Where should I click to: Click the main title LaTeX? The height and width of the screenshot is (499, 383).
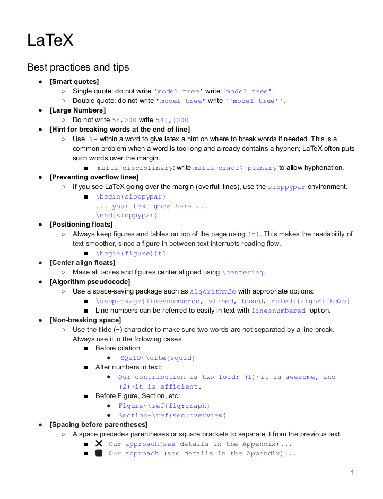50,40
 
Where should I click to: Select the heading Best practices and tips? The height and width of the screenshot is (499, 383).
78,67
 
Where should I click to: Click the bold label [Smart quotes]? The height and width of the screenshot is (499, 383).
74,82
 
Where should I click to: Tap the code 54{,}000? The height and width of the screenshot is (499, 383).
172,120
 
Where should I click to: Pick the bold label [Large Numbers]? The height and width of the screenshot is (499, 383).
77,110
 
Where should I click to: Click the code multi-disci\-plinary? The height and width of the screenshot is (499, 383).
235,168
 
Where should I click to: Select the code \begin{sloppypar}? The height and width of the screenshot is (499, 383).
130,196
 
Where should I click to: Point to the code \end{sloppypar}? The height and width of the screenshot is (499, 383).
127,216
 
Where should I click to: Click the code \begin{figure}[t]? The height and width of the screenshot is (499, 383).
130,253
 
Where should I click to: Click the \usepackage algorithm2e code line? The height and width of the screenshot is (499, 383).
223,301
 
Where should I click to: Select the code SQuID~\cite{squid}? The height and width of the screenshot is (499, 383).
158,358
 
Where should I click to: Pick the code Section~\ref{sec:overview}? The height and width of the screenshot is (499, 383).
172,415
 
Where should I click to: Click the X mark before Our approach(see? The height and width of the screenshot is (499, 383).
99,443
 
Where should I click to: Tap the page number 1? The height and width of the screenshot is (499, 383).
352,472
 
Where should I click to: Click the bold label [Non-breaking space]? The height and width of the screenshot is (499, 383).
85,320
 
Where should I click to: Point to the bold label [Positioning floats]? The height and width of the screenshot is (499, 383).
81,225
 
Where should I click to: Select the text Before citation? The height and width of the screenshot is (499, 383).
118,348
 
